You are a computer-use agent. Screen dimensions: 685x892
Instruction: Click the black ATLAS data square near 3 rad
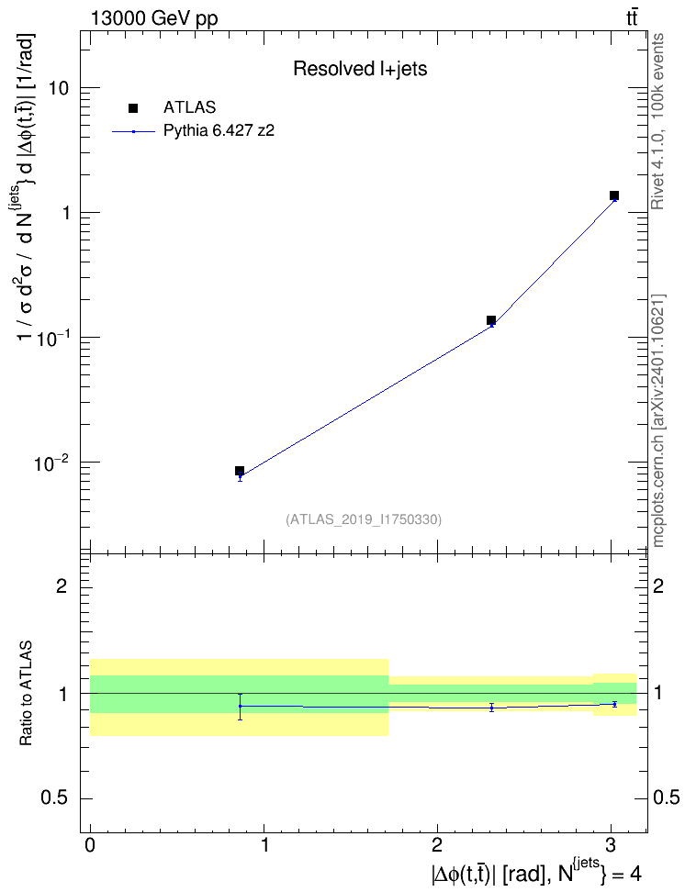tap(613, 195)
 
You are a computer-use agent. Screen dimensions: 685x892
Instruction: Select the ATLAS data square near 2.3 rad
tap(491, 320)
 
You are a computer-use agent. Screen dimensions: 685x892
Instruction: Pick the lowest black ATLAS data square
tap(240, 471)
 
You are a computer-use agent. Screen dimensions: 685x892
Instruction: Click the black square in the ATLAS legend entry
tap(133, 108)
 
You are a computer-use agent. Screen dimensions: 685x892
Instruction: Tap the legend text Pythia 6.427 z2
tap(219, 131)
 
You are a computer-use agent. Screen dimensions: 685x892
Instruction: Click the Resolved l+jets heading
tap(360, 69)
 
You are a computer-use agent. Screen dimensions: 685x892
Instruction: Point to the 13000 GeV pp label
tap(153, 18)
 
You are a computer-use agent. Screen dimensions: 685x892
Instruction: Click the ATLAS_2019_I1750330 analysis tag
tap(364, 518)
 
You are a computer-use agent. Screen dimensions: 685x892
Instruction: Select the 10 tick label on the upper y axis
tap(59, 88)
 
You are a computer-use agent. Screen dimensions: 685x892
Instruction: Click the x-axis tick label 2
tap(437, 845)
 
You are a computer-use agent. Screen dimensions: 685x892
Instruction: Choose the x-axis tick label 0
tap(90, 845)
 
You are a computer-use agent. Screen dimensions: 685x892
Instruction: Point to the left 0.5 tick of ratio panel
tap(54, 798)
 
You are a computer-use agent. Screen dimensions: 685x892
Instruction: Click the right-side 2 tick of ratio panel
tap(658, 585)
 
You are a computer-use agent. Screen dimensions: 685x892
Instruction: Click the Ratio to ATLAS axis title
tap(26, 693)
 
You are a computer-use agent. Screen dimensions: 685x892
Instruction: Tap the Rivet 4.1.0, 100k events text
tap(657, 121)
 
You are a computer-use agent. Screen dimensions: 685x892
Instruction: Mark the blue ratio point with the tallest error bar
tap(241, 706)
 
